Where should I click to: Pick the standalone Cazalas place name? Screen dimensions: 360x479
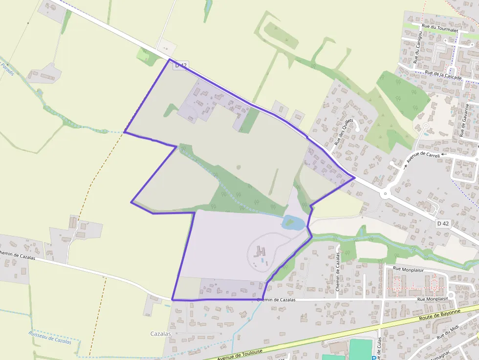pyautogui.click(x=161, y=334)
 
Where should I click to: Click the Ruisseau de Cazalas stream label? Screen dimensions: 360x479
pyautogui.click(x=50, y=338)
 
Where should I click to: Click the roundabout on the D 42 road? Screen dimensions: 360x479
pyautogui.click(x=386, y=194)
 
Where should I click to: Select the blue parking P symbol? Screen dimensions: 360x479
pyautogui.click(x=374, y=358)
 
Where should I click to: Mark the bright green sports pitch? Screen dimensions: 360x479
pyautogui.click(x=360, y=350)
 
